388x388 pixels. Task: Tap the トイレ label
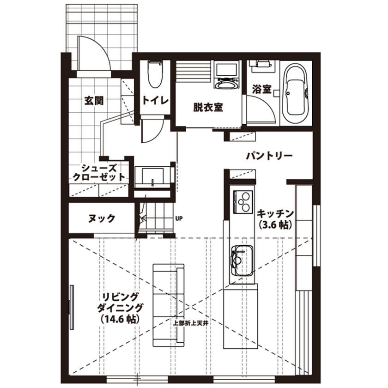click(x=156, y=100)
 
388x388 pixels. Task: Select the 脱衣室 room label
click(x=208, y=107)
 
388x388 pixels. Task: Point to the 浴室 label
click(x=261, y=89)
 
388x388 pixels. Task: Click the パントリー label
click(x=269, y=156)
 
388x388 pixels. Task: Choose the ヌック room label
click(x=101, y=218)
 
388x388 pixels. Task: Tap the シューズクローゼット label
click(x=98, y=172)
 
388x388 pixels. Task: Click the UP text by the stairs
click(x=179, y=218)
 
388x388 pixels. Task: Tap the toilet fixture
click(x=154, y=74)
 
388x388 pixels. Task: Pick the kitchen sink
click(x=241, y=260)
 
